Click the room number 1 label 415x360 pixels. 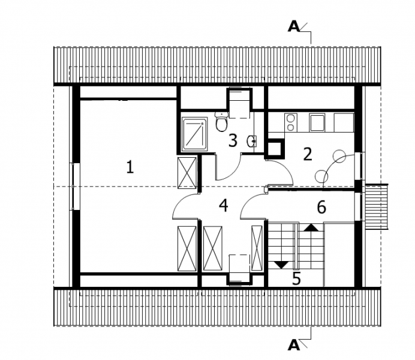click(130, 167)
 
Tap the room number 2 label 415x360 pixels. click(307, 154)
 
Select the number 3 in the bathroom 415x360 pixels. click(233, 140)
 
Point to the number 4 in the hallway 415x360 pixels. click(224, 206)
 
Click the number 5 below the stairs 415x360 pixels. click(296, 278)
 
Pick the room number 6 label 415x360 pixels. click(321, 207)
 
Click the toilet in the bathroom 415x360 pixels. click(221, 122)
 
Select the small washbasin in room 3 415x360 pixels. click(251, 142)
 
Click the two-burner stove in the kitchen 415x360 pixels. click(291, 122)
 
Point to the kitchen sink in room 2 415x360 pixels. click(317, 122)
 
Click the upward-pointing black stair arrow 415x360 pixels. click(311, 227)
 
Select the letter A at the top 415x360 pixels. click(294, 27)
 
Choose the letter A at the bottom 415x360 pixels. click(294, 345)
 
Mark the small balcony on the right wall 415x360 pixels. click(376, 206)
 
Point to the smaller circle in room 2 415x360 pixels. click(321, 176)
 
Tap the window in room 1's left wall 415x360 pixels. click(74, 187)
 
